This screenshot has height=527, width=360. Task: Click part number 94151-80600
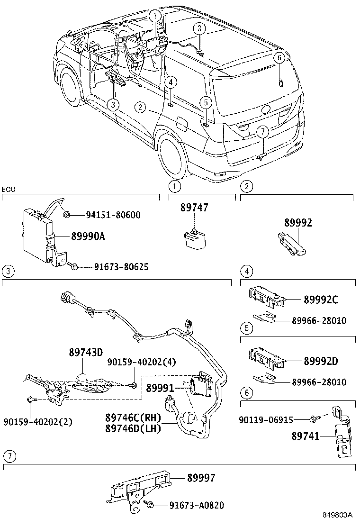113,216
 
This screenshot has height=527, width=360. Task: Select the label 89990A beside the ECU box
88,236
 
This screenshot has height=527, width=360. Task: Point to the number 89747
194,208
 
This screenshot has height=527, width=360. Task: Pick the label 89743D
86,352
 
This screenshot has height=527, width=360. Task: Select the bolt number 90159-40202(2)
38,422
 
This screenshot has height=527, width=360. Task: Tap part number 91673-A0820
196,506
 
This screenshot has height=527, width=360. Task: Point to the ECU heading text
8,190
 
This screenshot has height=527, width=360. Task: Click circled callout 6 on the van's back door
279,58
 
